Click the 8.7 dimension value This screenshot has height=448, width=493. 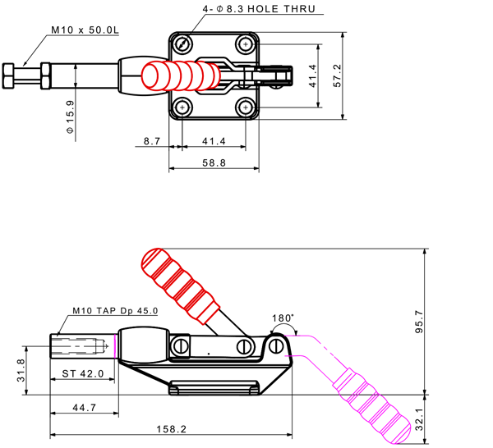150,141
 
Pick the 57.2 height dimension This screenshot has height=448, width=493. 337,75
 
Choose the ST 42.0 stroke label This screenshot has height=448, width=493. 82,373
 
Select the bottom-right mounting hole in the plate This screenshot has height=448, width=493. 245,107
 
